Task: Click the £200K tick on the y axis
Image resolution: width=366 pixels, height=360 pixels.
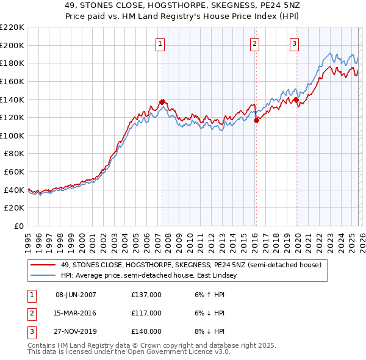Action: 12,45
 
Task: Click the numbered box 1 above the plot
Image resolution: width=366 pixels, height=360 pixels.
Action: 160,43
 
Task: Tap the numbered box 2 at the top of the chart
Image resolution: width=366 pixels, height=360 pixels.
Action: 254,43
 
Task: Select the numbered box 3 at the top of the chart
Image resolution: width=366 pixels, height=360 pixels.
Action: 294,43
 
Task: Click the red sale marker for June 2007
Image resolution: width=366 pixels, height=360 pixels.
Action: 162,102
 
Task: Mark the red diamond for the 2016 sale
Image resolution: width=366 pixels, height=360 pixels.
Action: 256,120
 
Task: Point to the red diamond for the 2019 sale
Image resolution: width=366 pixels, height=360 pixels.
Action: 296,99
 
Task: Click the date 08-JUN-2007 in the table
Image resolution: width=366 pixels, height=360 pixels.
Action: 76,295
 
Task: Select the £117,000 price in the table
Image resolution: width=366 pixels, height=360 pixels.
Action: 146,313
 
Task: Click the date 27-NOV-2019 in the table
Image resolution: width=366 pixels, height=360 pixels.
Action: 76,331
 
